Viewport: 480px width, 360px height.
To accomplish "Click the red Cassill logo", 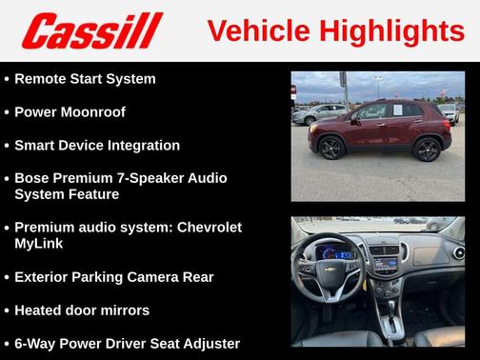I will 92,30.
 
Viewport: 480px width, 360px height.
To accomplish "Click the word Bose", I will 32,178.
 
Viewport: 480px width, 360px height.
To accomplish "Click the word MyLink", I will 40,244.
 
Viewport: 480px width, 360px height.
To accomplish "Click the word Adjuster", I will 208,344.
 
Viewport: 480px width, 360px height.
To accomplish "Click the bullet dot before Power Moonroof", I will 7,111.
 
